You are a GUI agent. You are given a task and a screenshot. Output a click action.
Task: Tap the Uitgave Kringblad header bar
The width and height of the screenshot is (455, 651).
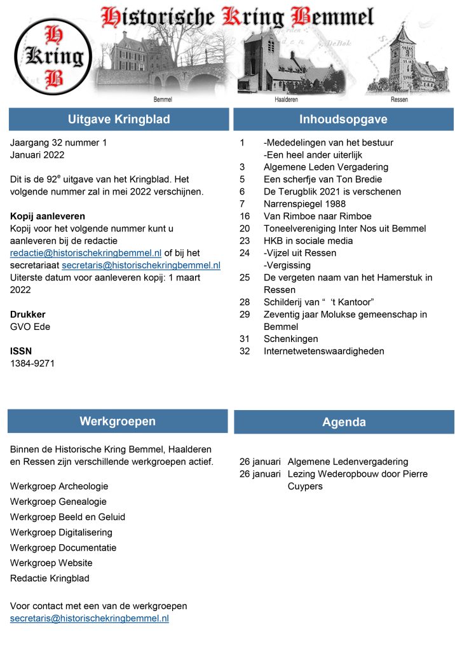click(x=119, y=120)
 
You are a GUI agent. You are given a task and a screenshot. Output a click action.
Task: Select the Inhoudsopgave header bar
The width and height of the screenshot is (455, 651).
click(x=343, y=120)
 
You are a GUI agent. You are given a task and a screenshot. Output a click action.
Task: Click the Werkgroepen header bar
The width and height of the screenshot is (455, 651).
click(x=118, y=421)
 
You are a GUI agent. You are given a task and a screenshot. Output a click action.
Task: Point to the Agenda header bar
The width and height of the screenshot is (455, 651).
click(x=344, y=422)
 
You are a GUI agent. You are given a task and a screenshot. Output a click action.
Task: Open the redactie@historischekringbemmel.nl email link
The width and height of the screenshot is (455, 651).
click(x=86, y=252)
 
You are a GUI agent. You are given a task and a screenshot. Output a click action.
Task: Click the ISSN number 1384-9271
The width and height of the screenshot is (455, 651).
click(x=32, y=364)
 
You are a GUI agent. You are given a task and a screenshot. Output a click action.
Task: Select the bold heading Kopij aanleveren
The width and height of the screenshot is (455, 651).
click(x=48, y=216)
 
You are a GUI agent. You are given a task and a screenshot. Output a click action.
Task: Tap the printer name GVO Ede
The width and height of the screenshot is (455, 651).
click(x=30, y=327)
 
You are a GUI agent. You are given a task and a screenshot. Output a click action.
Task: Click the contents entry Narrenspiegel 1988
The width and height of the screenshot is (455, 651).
click(x=301, y=203)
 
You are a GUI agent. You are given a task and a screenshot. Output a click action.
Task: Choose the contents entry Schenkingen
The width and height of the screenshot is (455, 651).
click(x=290, y=339)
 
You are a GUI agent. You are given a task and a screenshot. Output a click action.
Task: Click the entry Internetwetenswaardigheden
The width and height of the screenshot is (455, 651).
click(x=323, y=351)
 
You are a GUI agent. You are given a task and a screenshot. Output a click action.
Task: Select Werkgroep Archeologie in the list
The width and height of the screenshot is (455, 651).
click(x=59, y=486)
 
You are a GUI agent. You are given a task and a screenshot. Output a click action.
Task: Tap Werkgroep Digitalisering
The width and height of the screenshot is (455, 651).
click(x=61, y=532)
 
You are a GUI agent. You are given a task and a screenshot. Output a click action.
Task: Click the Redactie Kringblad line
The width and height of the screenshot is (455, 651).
click(x=50, y=579)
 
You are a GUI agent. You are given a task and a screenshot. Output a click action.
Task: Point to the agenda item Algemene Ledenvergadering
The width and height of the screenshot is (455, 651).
click(x=348, y=462)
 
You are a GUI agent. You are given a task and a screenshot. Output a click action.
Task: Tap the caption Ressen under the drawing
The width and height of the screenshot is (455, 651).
click(x=400, y=100)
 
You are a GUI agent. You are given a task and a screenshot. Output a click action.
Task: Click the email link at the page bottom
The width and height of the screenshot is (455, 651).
click(x=89, y=618)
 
